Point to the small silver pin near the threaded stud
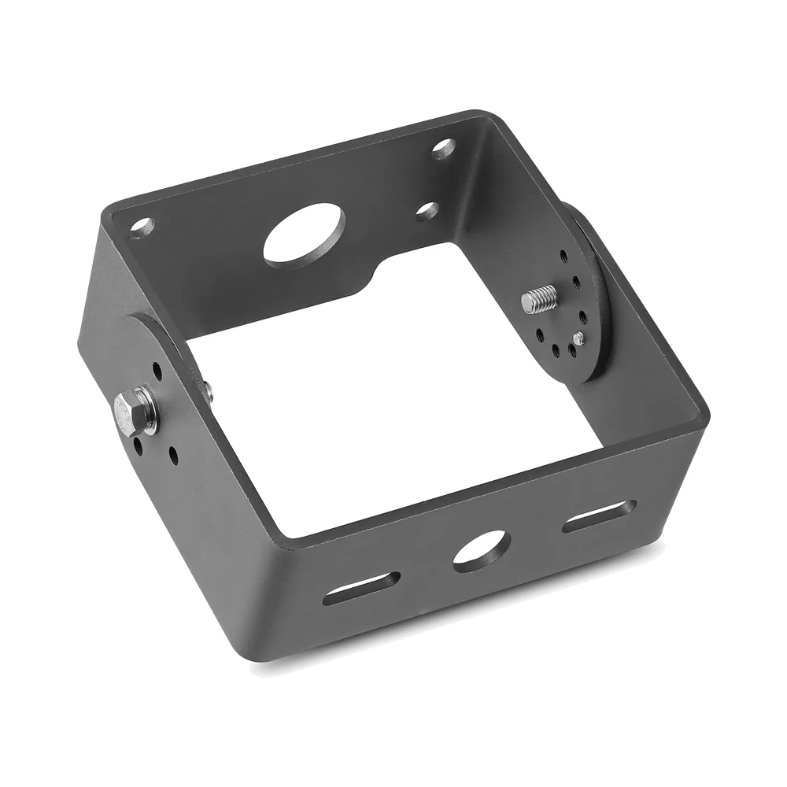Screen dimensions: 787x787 pyautogui.click(x=578, y=338)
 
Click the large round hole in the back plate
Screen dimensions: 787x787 pyautogui.click(x=304, y=235)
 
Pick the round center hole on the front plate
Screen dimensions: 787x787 pyautogui.click(x=482, y=550)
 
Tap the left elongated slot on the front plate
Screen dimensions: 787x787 pyautogui.click(x=360, y=588)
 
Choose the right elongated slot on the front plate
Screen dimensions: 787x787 pyautogui.click(x=599, y=515)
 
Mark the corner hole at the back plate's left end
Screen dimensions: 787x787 pyautogui.click(x=142, y=228)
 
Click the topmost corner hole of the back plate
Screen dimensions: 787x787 pyautogui.click(x=443, y=148)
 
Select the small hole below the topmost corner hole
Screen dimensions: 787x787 pyautogui.click(x=427, y=211)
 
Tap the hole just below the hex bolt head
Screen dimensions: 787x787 pyautogui.click(x=139, y=447)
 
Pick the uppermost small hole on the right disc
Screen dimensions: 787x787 pyautogui.click(x=563, y=256)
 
